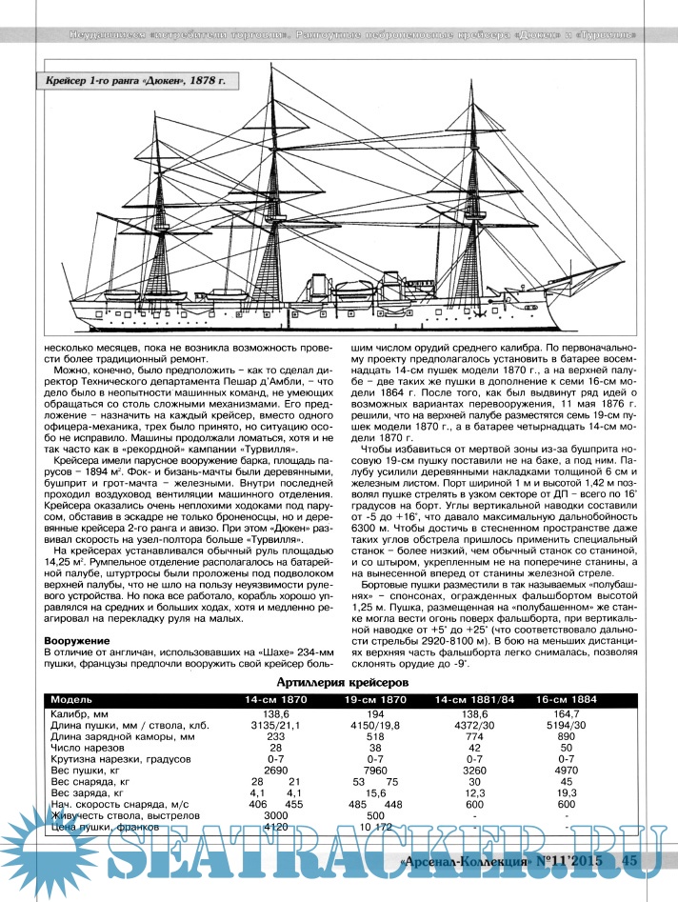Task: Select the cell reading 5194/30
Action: tap(568, 726)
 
